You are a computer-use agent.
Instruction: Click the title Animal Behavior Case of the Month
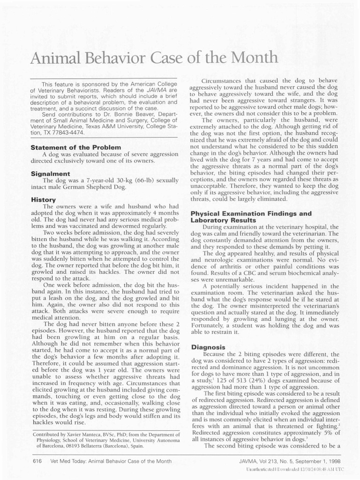point(154,58)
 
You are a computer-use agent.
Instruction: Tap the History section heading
point(43,199)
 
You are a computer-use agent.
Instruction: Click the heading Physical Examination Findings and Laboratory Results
point(251,217)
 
